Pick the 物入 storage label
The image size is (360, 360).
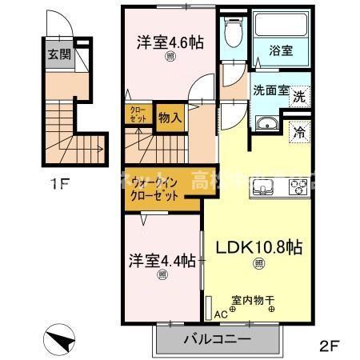tap(170, 118)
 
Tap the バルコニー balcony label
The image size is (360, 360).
tap(217, 339)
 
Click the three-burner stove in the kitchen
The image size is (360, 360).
tap(298, 189)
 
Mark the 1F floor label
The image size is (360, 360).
tap(59, 186)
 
